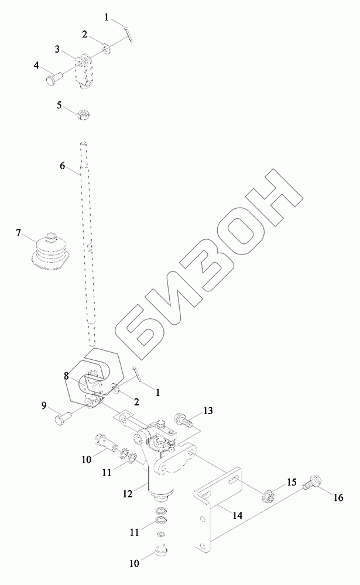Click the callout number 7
19,234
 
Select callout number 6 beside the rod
63,166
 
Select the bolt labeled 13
183,419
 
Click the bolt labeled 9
63,419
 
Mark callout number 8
67,376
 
